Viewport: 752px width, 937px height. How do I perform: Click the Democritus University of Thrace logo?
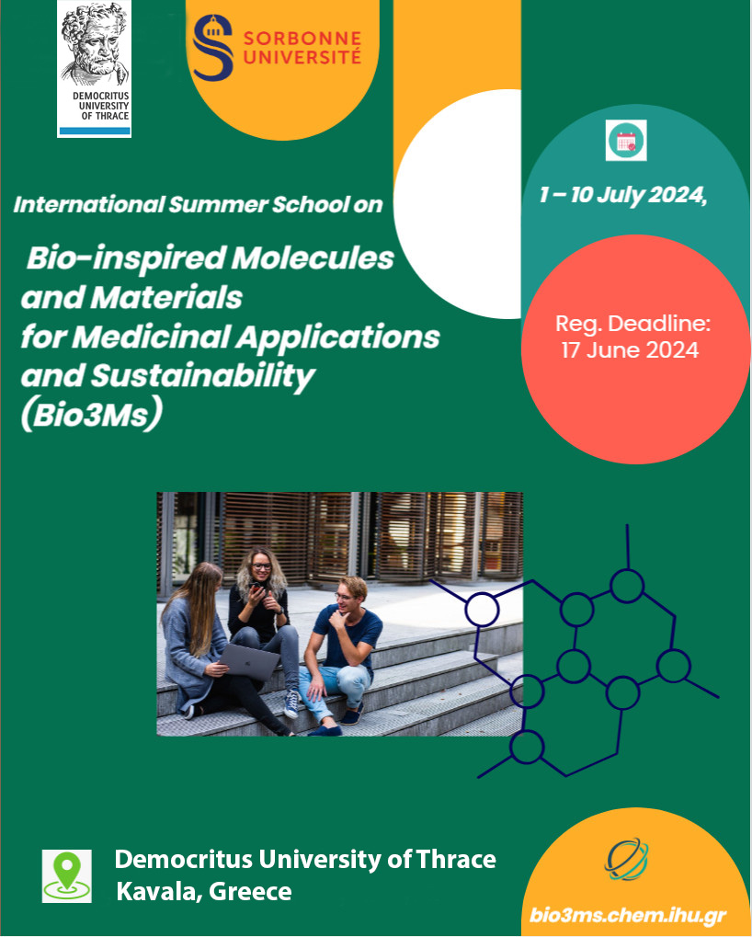tap(95, 69)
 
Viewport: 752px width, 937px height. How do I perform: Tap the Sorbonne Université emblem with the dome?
tap(212, 48)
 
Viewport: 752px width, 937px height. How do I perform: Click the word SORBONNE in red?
tap(302, 39)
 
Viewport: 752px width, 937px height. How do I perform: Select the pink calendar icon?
tap(626, 141)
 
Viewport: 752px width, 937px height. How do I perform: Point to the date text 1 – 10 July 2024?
tap(623, 195)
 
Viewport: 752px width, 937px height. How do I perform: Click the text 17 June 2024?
tap(630, 349)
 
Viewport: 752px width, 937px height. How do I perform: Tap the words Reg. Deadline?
tap(633, 324)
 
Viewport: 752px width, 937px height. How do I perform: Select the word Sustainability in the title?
tap(202, 376)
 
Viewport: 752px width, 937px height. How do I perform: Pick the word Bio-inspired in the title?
tap(126, 259)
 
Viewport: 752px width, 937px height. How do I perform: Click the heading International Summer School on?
tap(198, 204)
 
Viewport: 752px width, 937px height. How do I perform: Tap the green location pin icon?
tap(67, 876)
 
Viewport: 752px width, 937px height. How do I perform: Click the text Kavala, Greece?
tap(204, 891)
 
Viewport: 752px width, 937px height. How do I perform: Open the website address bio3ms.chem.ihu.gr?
tap(628, 916)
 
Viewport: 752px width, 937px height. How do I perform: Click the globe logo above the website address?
tap(627, 860)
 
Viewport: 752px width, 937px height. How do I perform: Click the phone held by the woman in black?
tap(256, 588)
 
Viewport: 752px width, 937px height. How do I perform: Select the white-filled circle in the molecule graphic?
tap(482, 610)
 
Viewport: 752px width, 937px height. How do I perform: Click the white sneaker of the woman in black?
tap(291, 704)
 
